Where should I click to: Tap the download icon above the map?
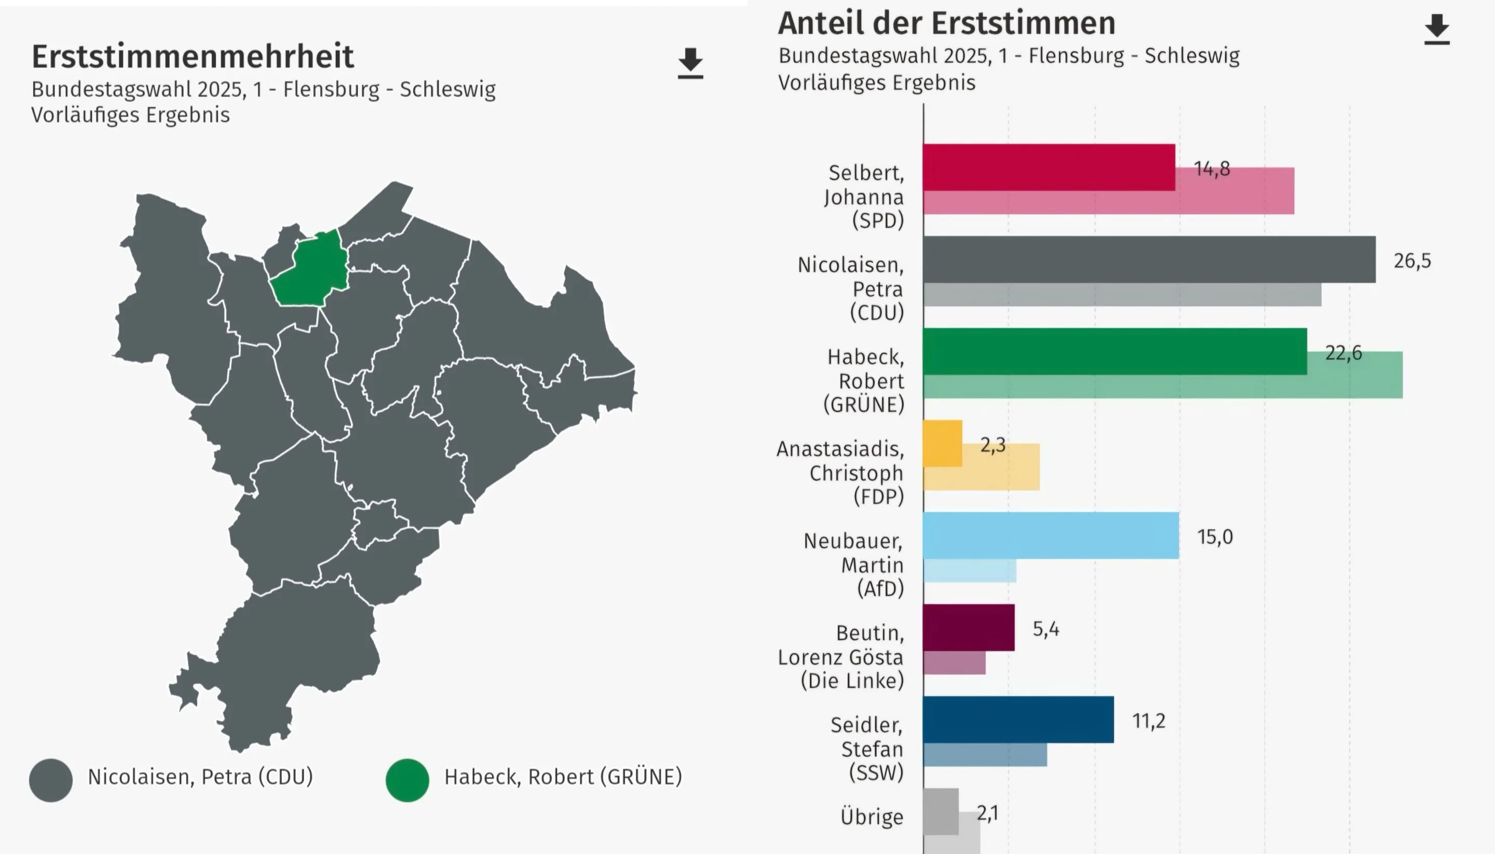(x=690, y=63)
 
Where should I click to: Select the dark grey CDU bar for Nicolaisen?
(x=1148, y=259)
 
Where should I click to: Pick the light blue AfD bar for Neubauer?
(x=1050, y=535)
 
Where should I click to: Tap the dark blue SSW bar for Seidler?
(x=1018, y=719)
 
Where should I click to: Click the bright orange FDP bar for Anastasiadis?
(x=942, y=443)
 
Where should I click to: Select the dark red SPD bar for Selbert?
(x=1049, y=167)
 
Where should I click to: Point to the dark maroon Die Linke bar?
(x=968, y=627)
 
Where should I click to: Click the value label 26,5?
(x=1411, y=260)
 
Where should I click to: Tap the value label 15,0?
(x=1215, y=536)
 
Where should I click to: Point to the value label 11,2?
(x=1148, y=721)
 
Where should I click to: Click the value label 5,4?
(x=1045, y=629)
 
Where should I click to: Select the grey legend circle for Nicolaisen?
(x=51, y=780)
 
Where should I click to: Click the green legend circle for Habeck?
(x=407, y=780)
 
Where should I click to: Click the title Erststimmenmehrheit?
(x=193, y=57)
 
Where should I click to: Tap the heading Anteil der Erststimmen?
(x=946, y=23)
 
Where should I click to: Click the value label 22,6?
(x=1343, y=352)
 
